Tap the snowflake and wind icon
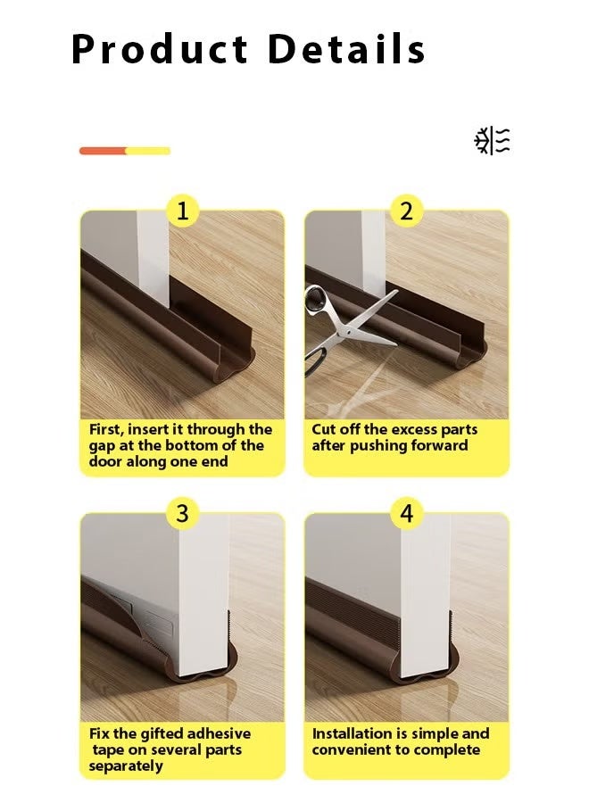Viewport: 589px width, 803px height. [492, 141]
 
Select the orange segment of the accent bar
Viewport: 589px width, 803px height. [103, 151]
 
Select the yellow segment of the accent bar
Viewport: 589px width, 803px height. [148, 151]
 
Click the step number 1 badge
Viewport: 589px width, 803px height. [183, 211]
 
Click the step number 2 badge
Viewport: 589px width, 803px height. [406, 211]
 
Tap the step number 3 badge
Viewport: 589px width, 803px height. [183, 514]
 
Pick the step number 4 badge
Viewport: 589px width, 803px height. [406, 514]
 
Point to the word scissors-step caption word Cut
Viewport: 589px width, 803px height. [325, 430]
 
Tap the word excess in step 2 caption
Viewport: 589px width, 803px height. [412, 430]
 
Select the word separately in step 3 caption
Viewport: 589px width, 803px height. [126, 766]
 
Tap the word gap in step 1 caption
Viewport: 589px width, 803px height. [104, 446]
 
